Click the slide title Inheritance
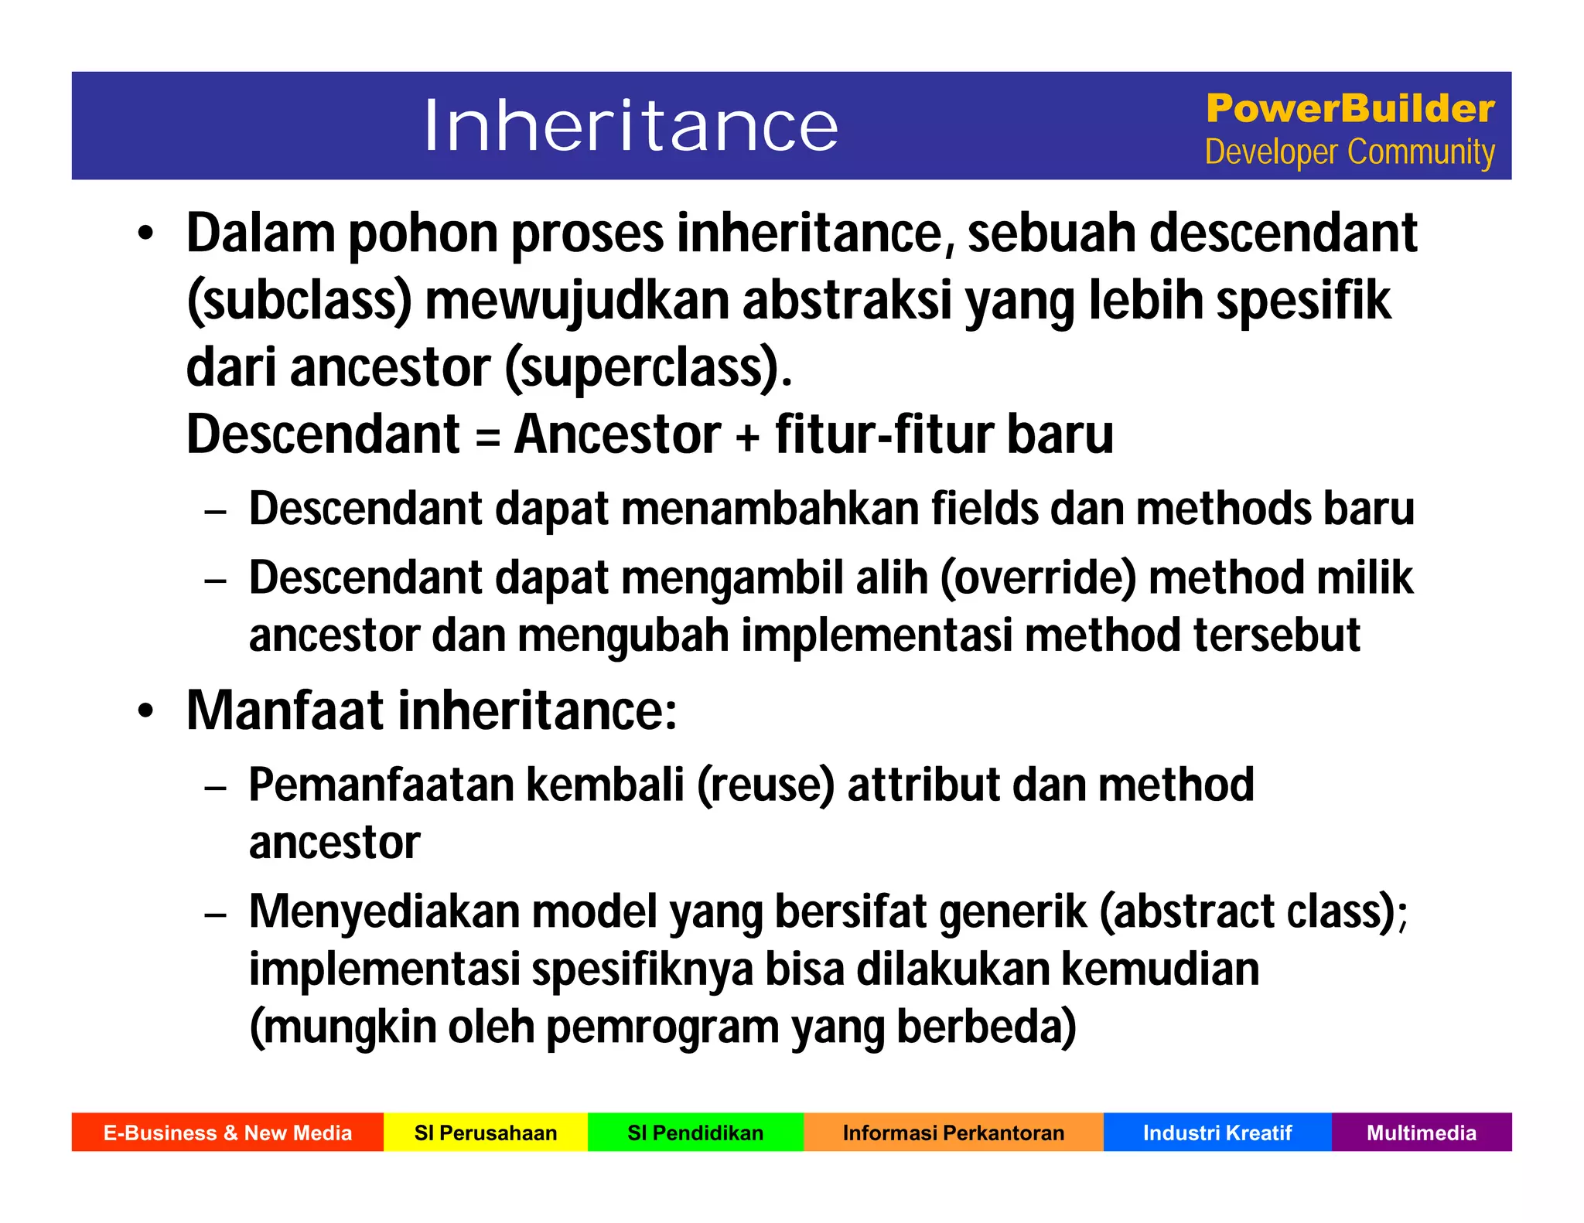(630, 126)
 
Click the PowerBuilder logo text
(1350, 108)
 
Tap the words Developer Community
(1350, 152)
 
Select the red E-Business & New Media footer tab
(227, 1133)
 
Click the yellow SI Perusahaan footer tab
(486, 1133)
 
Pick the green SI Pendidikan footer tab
(695, 1133)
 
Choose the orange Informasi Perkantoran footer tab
(953, 1133)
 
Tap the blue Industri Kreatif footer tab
(1217, 1133)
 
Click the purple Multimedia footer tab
(1421, 1133)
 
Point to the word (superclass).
(648, 368)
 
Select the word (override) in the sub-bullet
(1038, 578)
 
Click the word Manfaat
(285, 710)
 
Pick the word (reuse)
(766, 785)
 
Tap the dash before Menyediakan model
(216, 915)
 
